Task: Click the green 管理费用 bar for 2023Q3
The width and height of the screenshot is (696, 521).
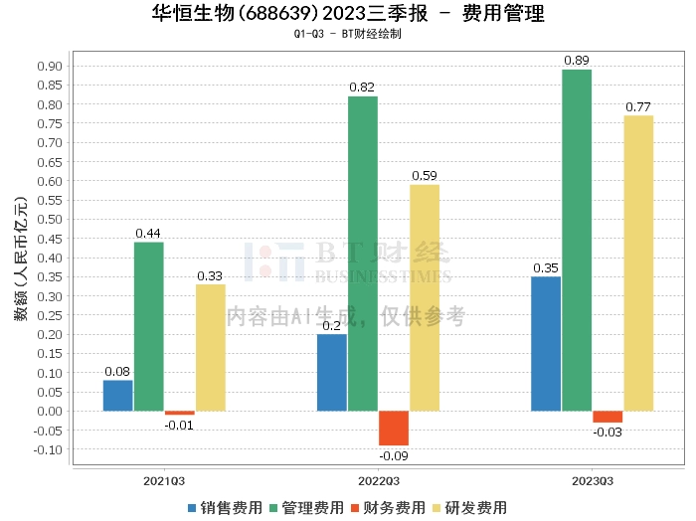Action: (577, 240)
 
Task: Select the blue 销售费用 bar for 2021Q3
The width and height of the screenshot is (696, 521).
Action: (117, 395)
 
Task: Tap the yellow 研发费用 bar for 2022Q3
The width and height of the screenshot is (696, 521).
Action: (424, 297)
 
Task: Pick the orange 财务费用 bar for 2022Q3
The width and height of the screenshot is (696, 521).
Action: (394, 428)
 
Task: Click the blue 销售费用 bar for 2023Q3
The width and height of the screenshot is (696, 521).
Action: (546, 343)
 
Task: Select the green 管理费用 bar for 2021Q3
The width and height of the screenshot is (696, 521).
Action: (148, 326)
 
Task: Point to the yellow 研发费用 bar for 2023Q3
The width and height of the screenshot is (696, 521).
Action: (638, 262)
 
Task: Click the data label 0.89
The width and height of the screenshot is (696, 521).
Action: (577, 61)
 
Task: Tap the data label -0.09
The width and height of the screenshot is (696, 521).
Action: (394, 455)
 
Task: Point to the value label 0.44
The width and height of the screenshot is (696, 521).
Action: (148, 234)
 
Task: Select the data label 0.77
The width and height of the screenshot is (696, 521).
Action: (638, 106)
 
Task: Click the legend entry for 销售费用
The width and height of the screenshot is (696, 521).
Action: (225, 507)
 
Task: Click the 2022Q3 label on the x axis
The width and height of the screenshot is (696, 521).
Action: (379, 480)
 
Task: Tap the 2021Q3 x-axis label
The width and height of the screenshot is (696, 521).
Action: (164, 480)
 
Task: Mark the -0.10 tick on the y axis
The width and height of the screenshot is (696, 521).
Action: (48, 449)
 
